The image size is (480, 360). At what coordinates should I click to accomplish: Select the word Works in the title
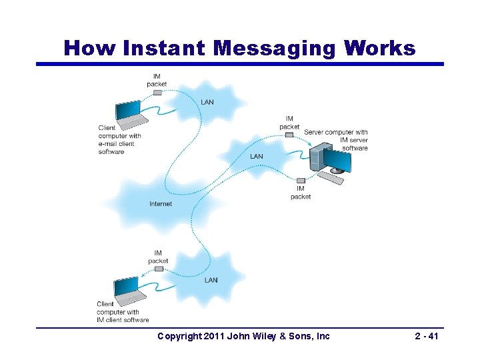click(381, 48)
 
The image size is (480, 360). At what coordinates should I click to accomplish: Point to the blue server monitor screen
click(337, 160)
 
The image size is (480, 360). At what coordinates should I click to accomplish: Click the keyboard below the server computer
click(331, 179)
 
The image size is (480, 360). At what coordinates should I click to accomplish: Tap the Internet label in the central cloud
click(161, 204)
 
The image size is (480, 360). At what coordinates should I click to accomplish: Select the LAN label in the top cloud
click(208, 102)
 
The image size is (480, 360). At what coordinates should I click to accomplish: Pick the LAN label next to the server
click(256, 157)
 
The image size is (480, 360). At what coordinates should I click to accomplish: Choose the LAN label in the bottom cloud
click(211, 280)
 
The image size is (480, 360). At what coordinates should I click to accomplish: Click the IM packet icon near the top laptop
click(157, 92)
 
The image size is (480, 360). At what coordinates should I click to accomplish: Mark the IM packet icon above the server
click(289, 135)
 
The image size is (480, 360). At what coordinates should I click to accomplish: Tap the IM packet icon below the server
click(301, 180)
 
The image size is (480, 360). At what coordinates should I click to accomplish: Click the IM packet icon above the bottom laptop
click(159, 269)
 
